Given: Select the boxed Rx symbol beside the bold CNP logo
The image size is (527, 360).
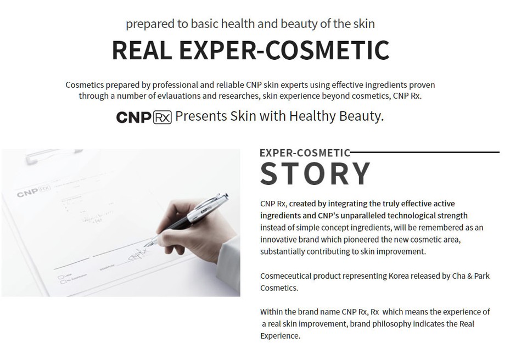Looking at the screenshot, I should click(x=162, y=117).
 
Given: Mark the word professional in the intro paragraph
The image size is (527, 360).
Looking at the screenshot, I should click(x=173, y=85).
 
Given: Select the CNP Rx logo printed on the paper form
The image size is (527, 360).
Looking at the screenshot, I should click(x=33, y=193).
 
